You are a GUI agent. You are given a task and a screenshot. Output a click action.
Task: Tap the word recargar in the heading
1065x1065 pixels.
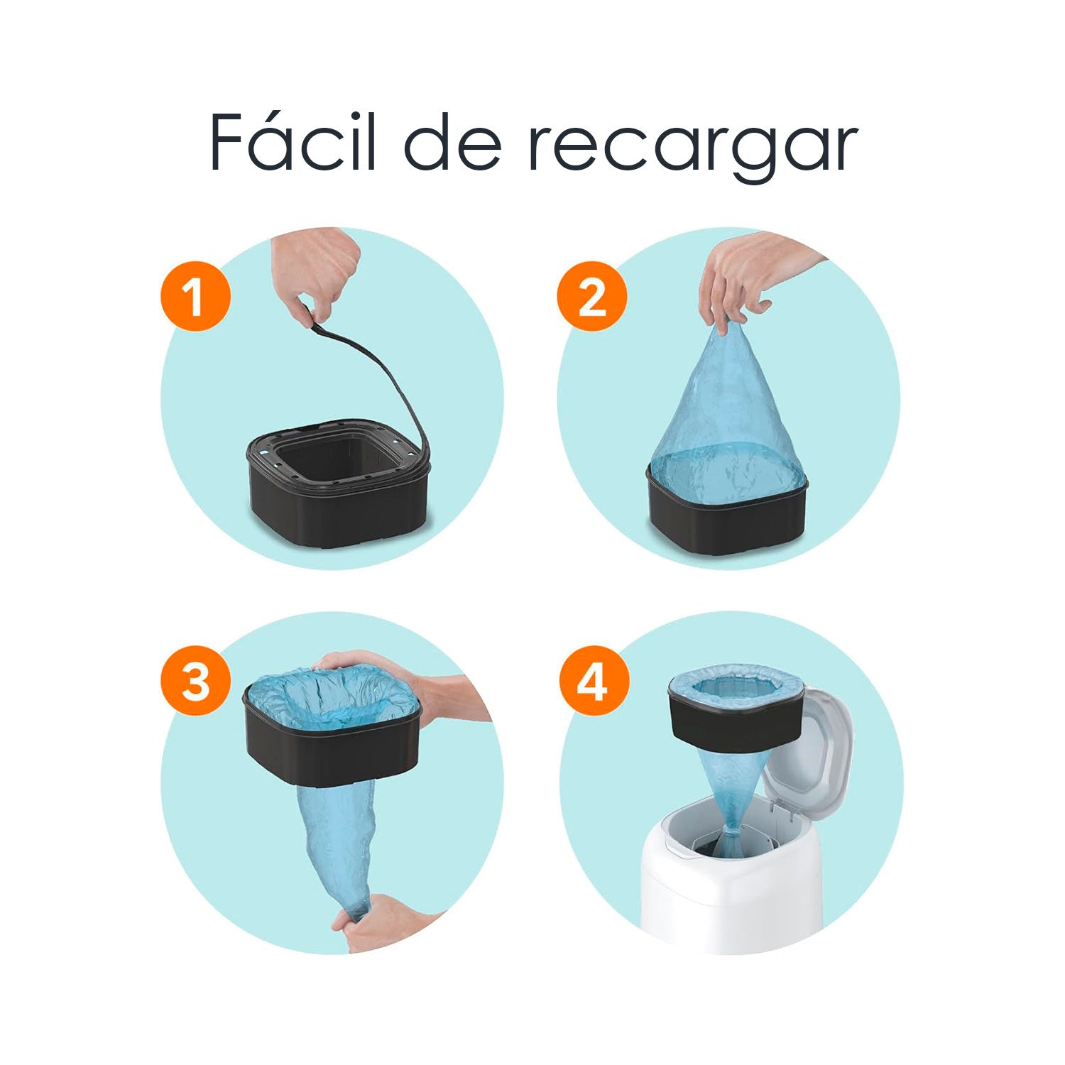[x=692, y=146]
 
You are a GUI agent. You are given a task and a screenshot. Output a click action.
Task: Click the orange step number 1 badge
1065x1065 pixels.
[x=195, y=296]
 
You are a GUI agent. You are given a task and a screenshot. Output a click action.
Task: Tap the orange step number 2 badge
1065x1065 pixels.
[x=592, y=296]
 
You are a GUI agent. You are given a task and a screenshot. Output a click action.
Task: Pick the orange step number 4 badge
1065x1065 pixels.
[x=594, y=682]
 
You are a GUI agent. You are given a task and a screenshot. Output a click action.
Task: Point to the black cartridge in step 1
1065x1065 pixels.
[x=337, y=511]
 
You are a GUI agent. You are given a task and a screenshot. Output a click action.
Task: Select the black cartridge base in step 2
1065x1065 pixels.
[x=728, y=518]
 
